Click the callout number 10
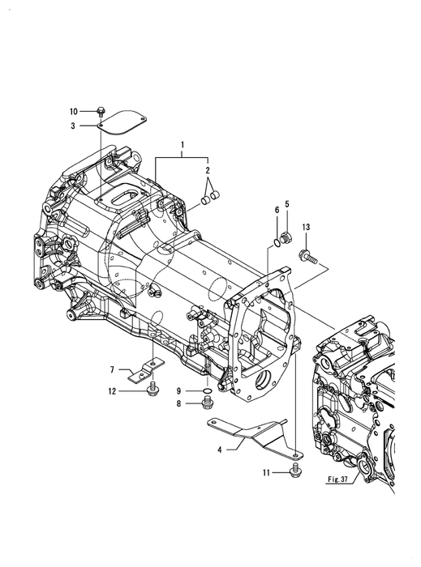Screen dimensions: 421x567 74,112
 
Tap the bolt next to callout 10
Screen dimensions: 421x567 101,112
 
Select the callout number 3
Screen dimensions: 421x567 73,126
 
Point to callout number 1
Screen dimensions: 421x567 183,145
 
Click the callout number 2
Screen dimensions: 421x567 208,170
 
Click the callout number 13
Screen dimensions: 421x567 307,227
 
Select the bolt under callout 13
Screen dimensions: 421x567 308,256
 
